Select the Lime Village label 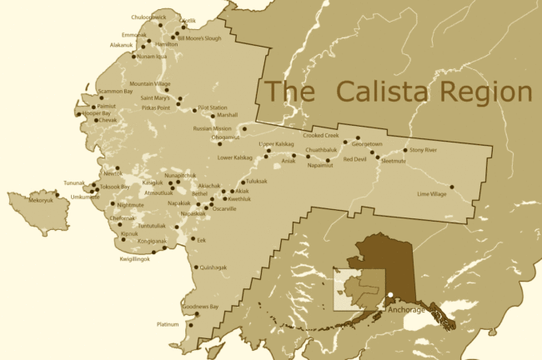(x=433, y=194)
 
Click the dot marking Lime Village (x=452, y=187)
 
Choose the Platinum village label (x=168, y=324)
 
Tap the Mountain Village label (x=150, y=83)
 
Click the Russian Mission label (x=212, y=129)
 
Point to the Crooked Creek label (x=321, y=135)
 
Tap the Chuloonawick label (x=149, y=17)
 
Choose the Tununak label (x=75, y=183)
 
